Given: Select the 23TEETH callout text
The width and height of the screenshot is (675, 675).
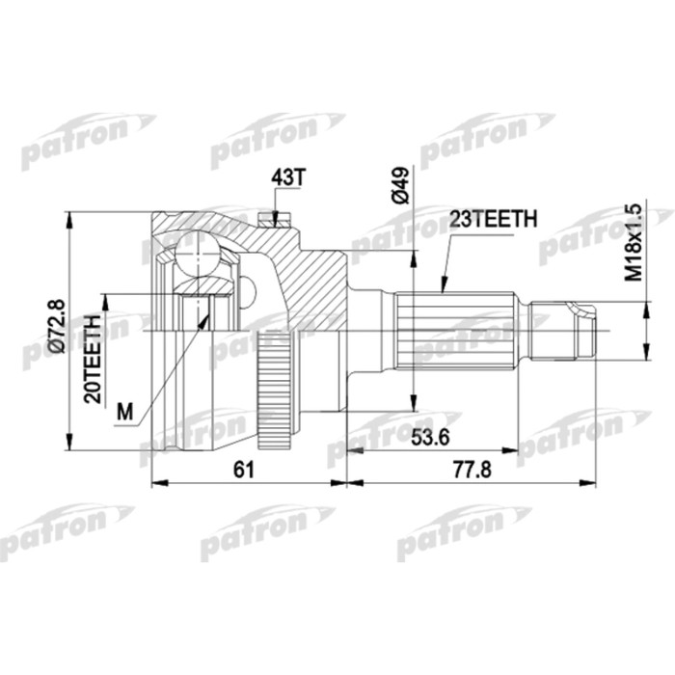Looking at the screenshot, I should coord(489,221).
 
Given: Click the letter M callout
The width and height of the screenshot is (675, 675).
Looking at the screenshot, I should coord(122,412).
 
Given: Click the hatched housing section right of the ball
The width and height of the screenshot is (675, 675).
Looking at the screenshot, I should coord(309,280).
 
